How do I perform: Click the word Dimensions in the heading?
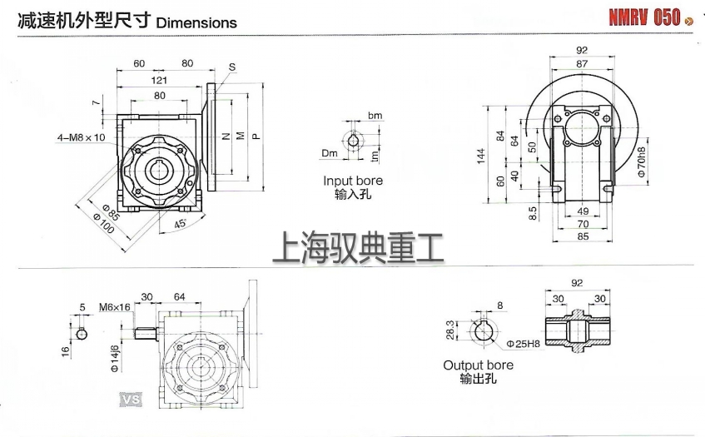(196, 23)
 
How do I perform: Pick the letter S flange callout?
(231, 67)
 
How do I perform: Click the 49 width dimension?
(582, 211)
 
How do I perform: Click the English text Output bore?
(478, 365)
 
